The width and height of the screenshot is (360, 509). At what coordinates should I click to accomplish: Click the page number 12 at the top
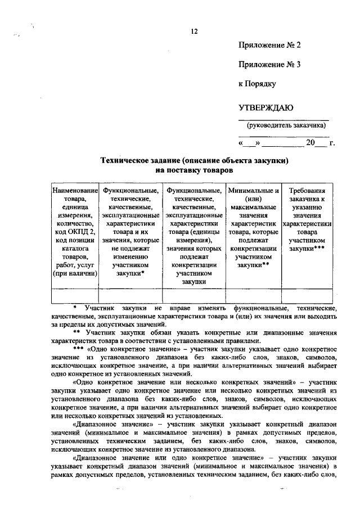[x=193, y=31]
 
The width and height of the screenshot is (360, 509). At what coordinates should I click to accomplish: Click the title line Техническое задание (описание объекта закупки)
[x=194, y=160]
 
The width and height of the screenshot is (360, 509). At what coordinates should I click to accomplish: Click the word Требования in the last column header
[x=307, y=191]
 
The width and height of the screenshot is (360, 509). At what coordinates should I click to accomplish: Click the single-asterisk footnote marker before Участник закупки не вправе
[x=75, y=308]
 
